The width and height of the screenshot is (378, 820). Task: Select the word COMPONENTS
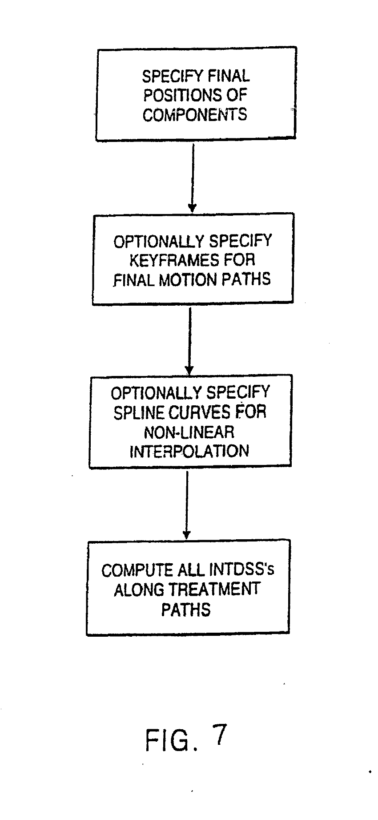click(x=194, y=115)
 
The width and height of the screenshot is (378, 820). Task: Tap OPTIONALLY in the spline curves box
click(x=155, y=393)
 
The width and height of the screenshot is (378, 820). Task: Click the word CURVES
click(x=200, y=412)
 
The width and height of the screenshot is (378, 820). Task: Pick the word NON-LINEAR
click(x=189, y=432)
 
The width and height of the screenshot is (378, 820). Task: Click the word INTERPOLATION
click(x=189, y=451)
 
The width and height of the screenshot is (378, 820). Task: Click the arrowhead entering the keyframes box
click(x=192, y=208)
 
